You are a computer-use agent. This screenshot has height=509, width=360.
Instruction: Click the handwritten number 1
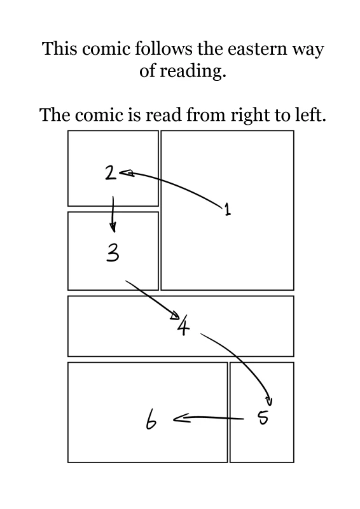tap(228, 209)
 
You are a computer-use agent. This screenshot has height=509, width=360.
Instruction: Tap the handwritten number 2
tap(111, 172)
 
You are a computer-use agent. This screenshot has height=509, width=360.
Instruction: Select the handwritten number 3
tap(113, 253)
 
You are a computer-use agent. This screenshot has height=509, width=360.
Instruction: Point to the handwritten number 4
tap(184, 325)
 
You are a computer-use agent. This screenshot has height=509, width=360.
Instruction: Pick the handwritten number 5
tap(263, 417)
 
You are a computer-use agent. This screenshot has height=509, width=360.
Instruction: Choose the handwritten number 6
tap(151, 419)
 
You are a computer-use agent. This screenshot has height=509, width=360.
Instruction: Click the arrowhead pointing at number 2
tap(127, 173)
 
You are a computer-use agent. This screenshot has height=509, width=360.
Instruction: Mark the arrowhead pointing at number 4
tap(176, 315)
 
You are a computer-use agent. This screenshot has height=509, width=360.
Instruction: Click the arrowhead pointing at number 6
tap(181, 419)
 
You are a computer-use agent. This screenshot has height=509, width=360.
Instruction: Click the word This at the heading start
tap(60, 49)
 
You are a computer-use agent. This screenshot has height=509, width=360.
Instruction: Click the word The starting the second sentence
tap(55, 115)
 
